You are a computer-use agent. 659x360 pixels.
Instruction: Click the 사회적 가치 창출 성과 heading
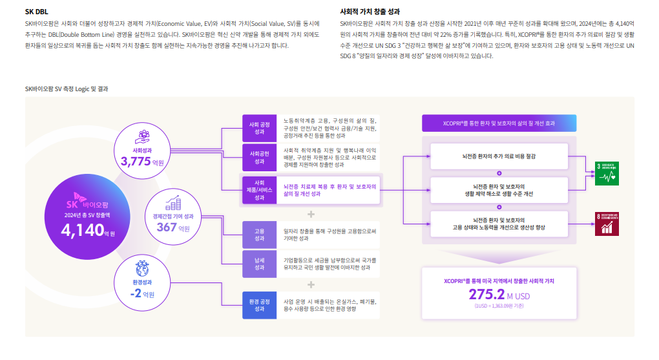pyautogui.click(x=370, y=12)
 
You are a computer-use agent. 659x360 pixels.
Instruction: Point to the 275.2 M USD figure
pyautogui.click(x=499, y=295)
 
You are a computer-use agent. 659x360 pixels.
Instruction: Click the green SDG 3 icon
pyautogui.click(x=607, y=169)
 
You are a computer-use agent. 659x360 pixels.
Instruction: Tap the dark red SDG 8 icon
pyautogui.click(x=607, y=223)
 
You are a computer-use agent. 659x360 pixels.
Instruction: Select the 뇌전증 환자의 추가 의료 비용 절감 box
pyautogui.click(x=499, y=156)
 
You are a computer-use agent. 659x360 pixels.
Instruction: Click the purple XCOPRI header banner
pyautogui.click(x=499, y=123)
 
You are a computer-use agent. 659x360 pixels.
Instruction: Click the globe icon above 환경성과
pyautogui.click(x=142, y=269)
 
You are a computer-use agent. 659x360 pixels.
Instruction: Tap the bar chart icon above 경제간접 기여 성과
pyautogui.click(x=173, y=203)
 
